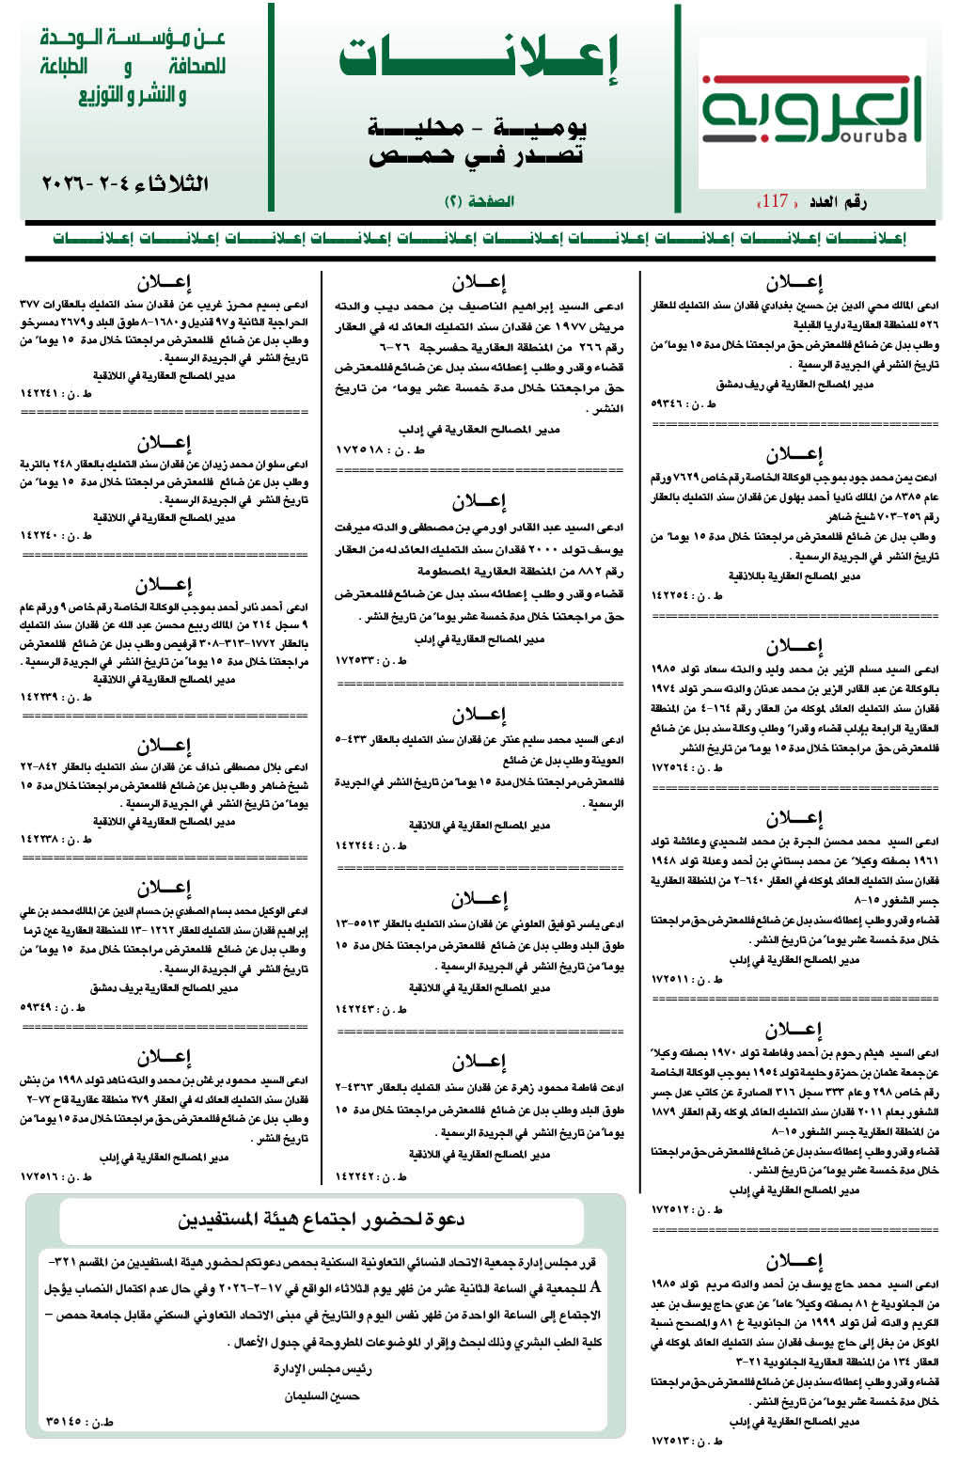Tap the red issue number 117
774,200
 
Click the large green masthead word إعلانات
479,59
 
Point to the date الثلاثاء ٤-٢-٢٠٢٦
125,182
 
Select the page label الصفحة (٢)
479,201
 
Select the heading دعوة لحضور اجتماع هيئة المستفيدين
322,1220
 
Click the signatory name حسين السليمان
322,1396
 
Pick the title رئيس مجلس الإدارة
322,1369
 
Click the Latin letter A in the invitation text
594,1287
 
